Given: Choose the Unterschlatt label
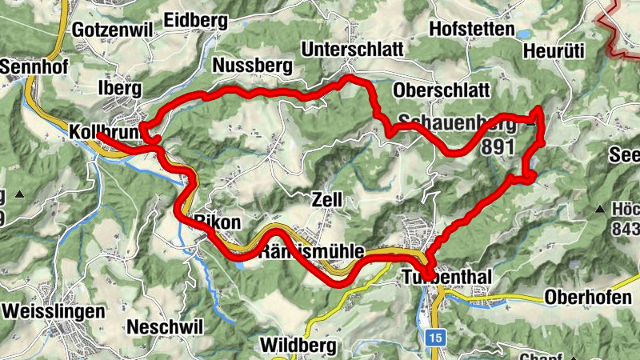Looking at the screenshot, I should pyautogui.click(x=352, y=50).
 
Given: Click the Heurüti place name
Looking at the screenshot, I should pyautogui.click(x=554, y=51).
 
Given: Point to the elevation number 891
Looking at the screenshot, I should pyautogui.click(x=498, y=148).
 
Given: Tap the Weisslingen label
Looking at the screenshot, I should pyautogui.click(x=54, y=310).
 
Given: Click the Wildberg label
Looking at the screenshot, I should pyautogui.click(x=299, y=346).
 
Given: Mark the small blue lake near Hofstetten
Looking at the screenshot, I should pyautogui.click(x=523, y=34).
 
